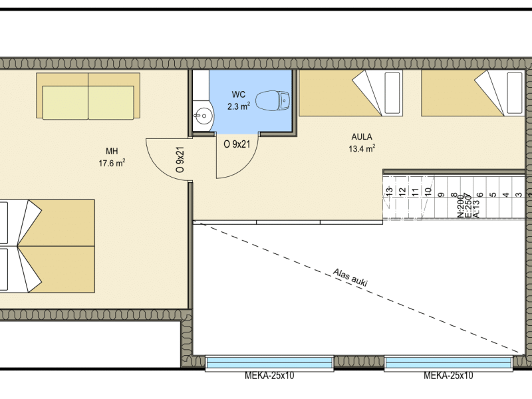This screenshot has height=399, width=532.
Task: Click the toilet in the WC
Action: pos(273,101)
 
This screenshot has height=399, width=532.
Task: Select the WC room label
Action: pos(239,94)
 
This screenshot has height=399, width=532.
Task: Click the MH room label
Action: pos(112,152)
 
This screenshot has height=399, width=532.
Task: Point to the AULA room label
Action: pos(362,137)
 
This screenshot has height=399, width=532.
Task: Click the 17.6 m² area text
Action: pos(112,163)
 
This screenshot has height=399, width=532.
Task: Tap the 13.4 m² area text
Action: pos(362,148)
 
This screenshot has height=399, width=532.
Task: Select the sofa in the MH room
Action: pos(88,96)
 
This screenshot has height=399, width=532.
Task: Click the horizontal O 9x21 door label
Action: pos(237,144)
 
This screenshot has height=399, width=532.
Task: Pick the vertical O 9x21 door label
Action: pos(180,160)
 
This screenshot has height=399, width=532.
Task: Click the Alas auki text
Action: pos(350,277)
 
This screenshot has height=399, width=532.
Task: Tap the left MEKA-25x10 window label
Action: pos(269,376)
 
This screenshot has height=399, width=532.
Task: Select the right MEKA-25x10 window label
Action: pos(448,376)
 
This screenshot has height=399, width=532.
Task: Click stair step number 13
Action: pos(390,191)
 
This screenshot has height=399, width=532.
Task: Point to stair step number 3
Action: pos(519,195)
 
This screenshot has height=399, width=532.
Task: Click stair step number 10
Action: pos(428,192)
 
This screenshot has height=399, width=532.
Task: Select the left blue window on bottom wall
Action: pos(269,363)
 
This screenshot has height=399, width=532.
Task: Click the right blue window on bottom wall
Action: pos(448,363)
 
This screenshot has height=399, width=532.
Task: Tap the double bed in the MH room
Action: pos(47,246)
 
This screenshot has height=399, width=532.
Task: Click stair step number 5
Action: pos(493,195)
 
